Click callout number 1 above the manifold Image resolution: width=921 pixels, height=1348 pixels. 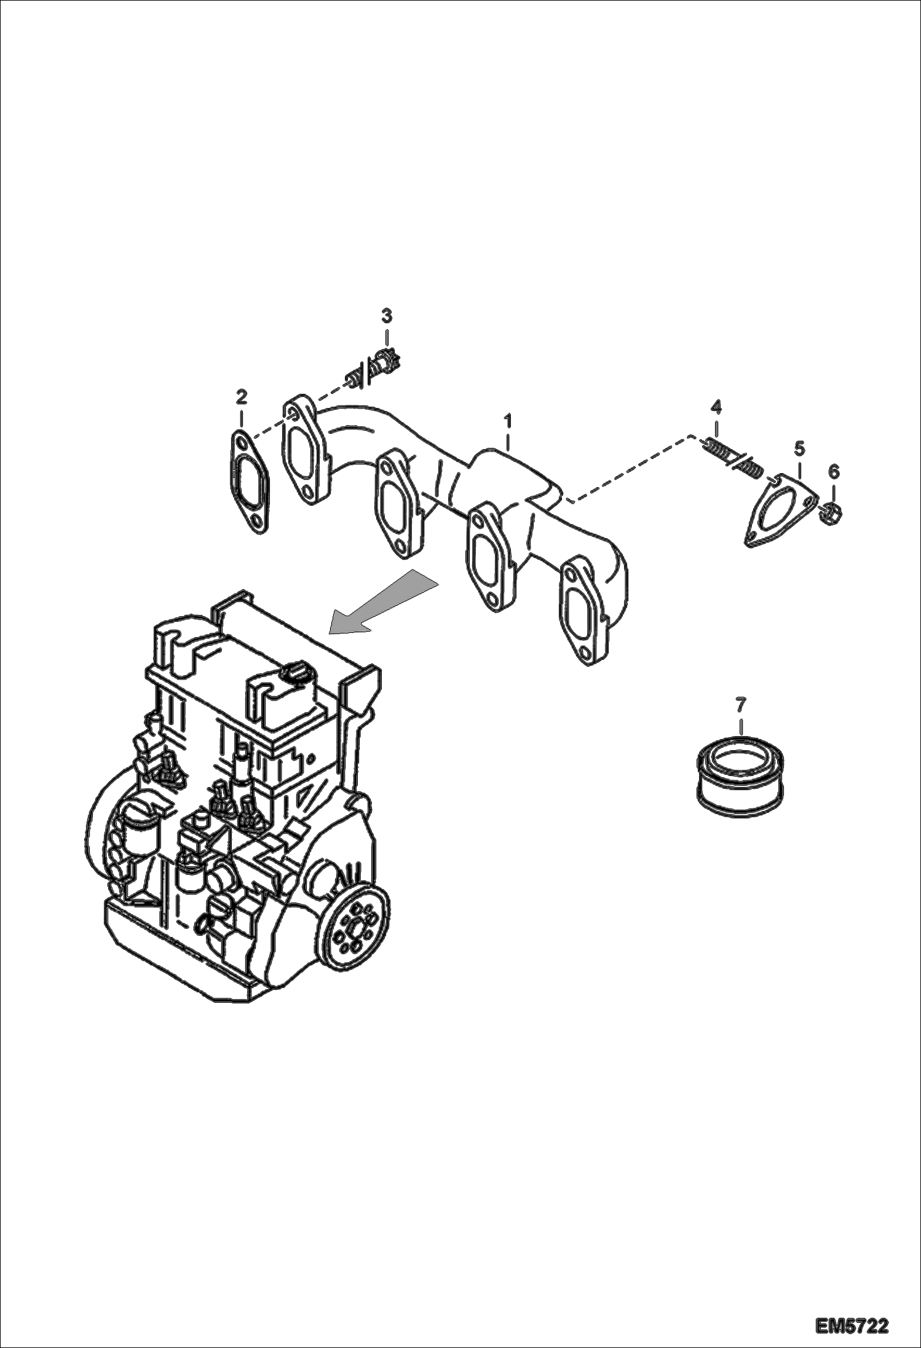coord(508,421)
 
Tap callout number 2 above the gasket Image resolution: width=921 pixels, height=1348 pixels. coord(241,397)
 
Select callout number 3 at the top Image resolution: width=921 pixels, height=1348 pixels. coord(386,316)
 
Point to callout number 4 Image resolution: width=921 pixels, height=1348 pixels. coord(716,406)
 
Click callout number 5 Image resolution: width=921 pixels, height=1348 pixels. coord(799,448)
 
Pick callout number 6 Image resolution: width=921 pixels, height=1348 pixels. coord(834,472)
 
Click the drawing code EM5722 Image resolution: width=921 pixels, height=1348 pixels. coord(852,1325)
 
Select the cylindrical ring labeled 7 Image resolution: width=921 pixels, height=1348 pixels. coord(740,777)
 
